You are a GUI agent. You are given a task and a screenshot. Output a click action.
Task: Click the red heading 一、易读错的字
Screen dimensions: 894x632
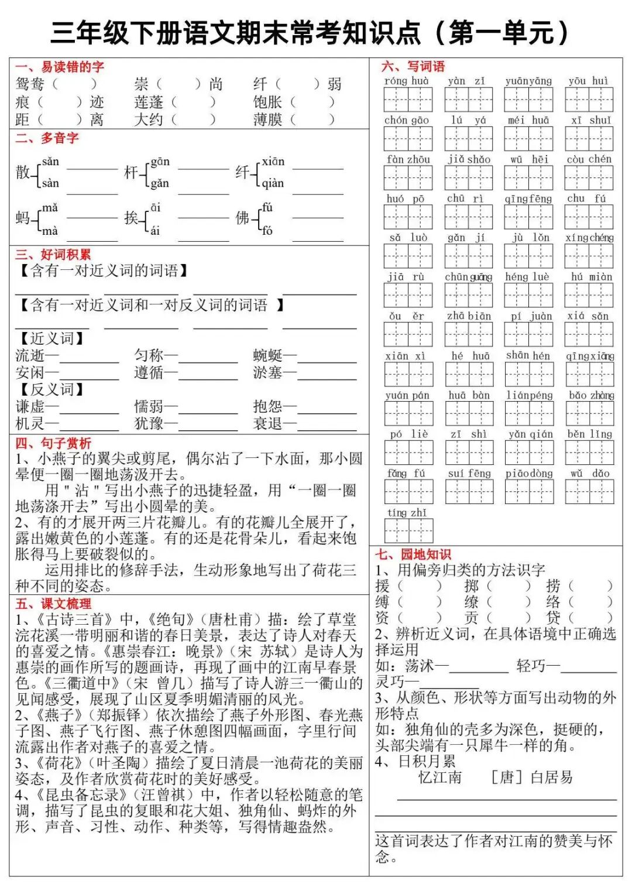[60, 67]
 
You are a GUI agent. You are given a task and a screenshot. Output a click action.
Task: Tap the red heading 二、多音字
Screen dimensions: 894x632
[47, 138]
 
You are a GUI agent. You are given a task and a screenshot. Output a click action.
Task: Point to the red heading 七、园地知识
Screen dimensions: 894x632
[413, 554]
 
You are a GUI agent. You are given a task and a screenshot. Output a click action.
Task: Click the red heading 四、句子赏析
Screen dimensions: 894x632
[53, 443]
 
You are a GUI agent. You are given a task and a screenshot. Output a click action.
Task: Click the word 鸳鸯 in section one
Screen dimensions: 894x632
[30, 84]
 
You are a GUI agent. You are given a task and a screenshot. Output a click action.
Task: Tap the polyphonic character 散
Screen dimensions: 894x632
[22, 172]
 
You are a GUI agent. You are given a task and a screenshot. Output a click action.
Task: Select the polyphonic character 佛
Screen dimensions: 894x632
[242, 218]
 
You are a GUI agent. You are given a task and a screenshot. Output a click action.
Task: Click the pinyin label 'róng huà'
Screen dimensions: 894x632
[407, 81]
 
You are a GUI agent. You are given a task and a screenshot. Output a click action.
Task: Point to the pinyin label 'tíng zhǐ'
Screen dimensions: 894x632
[407, 513]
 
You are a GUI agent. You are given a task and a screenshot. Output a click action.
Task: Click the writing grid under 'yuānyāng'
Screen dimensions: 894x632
[528, 100]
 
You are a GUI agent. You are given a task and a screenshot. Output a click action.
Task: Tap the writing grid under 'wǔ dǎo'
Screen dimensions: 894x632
[590, 492]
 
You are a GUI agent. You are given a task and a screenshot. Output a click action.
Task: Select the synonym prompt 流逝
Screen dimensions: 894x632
[30, 355]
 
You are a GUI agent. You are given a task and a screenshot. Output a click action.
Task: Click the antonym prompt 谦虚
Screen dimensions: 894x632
[30, 406]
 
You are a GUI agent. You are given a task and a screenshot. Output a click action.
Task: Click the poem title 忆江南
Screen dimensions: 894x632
[440, 777]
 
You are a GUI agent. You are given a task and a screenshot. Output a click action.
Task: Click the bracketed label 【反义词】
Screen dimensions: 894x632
[51, 389]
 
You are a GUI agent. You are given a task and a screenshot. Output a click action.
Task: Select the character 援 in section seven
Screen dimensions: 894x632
[382, 585]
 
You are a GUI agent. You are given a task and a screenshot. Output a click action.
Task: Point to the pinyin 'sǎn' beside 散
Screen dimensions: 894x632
[51, 162]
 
